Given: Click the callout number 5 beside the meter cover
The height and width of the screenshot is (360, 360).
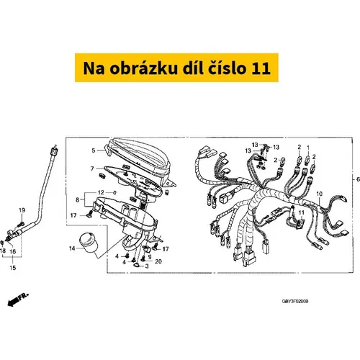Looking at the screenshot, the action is point(94,150).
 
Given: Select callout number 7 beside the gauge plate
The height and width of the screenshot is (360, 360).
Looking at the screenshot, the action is point(92,168).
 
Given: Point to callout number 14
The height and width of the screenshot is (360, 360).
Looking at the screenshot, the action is point(72,248).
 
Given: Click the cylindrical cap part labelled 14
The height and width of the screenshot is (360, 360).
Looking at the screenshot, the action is point(89,243).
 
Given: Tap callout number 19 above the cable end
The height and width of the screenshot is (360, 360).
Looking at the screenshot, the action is point(22,210).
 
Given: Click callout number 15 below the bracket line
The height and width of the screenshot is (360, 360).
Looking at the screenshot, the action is point(13,268).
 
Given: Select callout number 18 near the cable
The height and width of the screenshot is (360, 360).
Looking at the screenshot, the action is point(3,251).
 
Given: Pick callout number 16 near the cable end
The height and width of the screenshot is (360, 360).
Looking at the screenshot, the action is point(12,251).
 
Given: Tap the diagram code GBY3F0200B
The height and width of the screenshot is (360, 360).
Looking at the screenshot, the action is point(295,301).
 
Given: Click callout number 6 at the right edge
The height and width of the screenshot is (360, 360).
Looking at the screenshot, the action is point(358,179).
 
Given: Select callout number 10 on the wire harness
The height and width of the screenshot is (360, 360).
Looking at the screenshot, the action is point(320,194).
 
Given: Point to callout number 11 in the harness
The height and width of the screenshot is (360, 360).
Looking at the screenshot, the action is point(301,212).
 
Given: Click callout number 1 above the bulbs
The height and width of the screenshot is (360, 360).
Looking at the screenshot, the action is point(308,148).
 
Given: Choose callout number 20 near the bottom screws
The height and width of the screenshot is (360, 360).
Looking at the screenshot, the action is point(158,261).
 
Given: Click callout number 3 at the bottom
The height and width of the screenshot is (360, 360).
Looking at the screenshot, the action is point(147,266).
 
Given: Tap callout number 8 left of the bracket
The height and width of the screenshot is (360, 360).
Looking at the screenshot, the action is point(77,199).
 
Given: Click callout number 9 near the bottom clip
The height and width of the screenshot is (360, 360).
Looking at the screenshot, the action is point(150,257).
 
